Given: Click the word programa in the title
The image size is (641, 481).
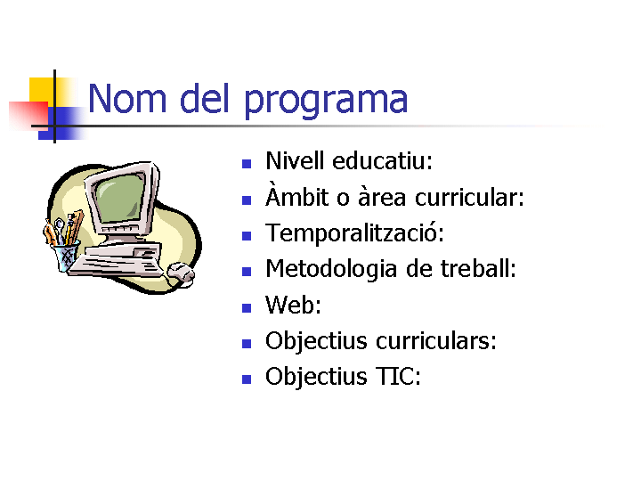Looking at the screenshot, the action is pyautogui.click(x=326, y=101).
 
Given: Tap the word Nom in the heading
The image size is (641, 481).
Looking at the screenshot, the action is pyautogui.click(x=127, y=98).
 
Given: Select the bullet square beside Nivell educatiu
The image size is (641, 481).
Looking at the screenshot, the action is pyautogui.click(x=247, y=164).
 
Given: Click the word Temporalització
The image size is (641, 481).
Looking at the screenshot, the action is pyautogui.click(x=354, y=233).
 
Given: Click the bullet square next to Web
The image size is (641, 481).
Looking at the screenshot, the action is pyautogui.click(x=247, y=308).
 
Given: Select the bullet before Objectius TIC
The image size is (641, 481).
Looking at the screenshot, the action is pyautogui.click(x=247, y=379).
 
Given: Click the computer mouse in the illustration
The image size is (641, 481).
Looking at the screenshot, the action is pyautogui.click(x=182, y=273).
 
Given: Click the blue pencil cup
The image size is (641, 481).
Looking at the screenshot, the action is pyautogui.click(x=66, y=256).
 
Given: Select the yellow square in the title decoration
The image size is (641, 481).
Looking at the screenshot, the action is pyautogui.click(x=43, y=91).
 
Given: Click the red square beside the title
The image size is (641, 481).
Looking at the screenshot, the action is pyautogui.click(x=28, y=115).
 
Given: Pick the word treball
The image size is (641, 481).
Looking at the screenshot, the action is pyautogui.click(x=475, y=268).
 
